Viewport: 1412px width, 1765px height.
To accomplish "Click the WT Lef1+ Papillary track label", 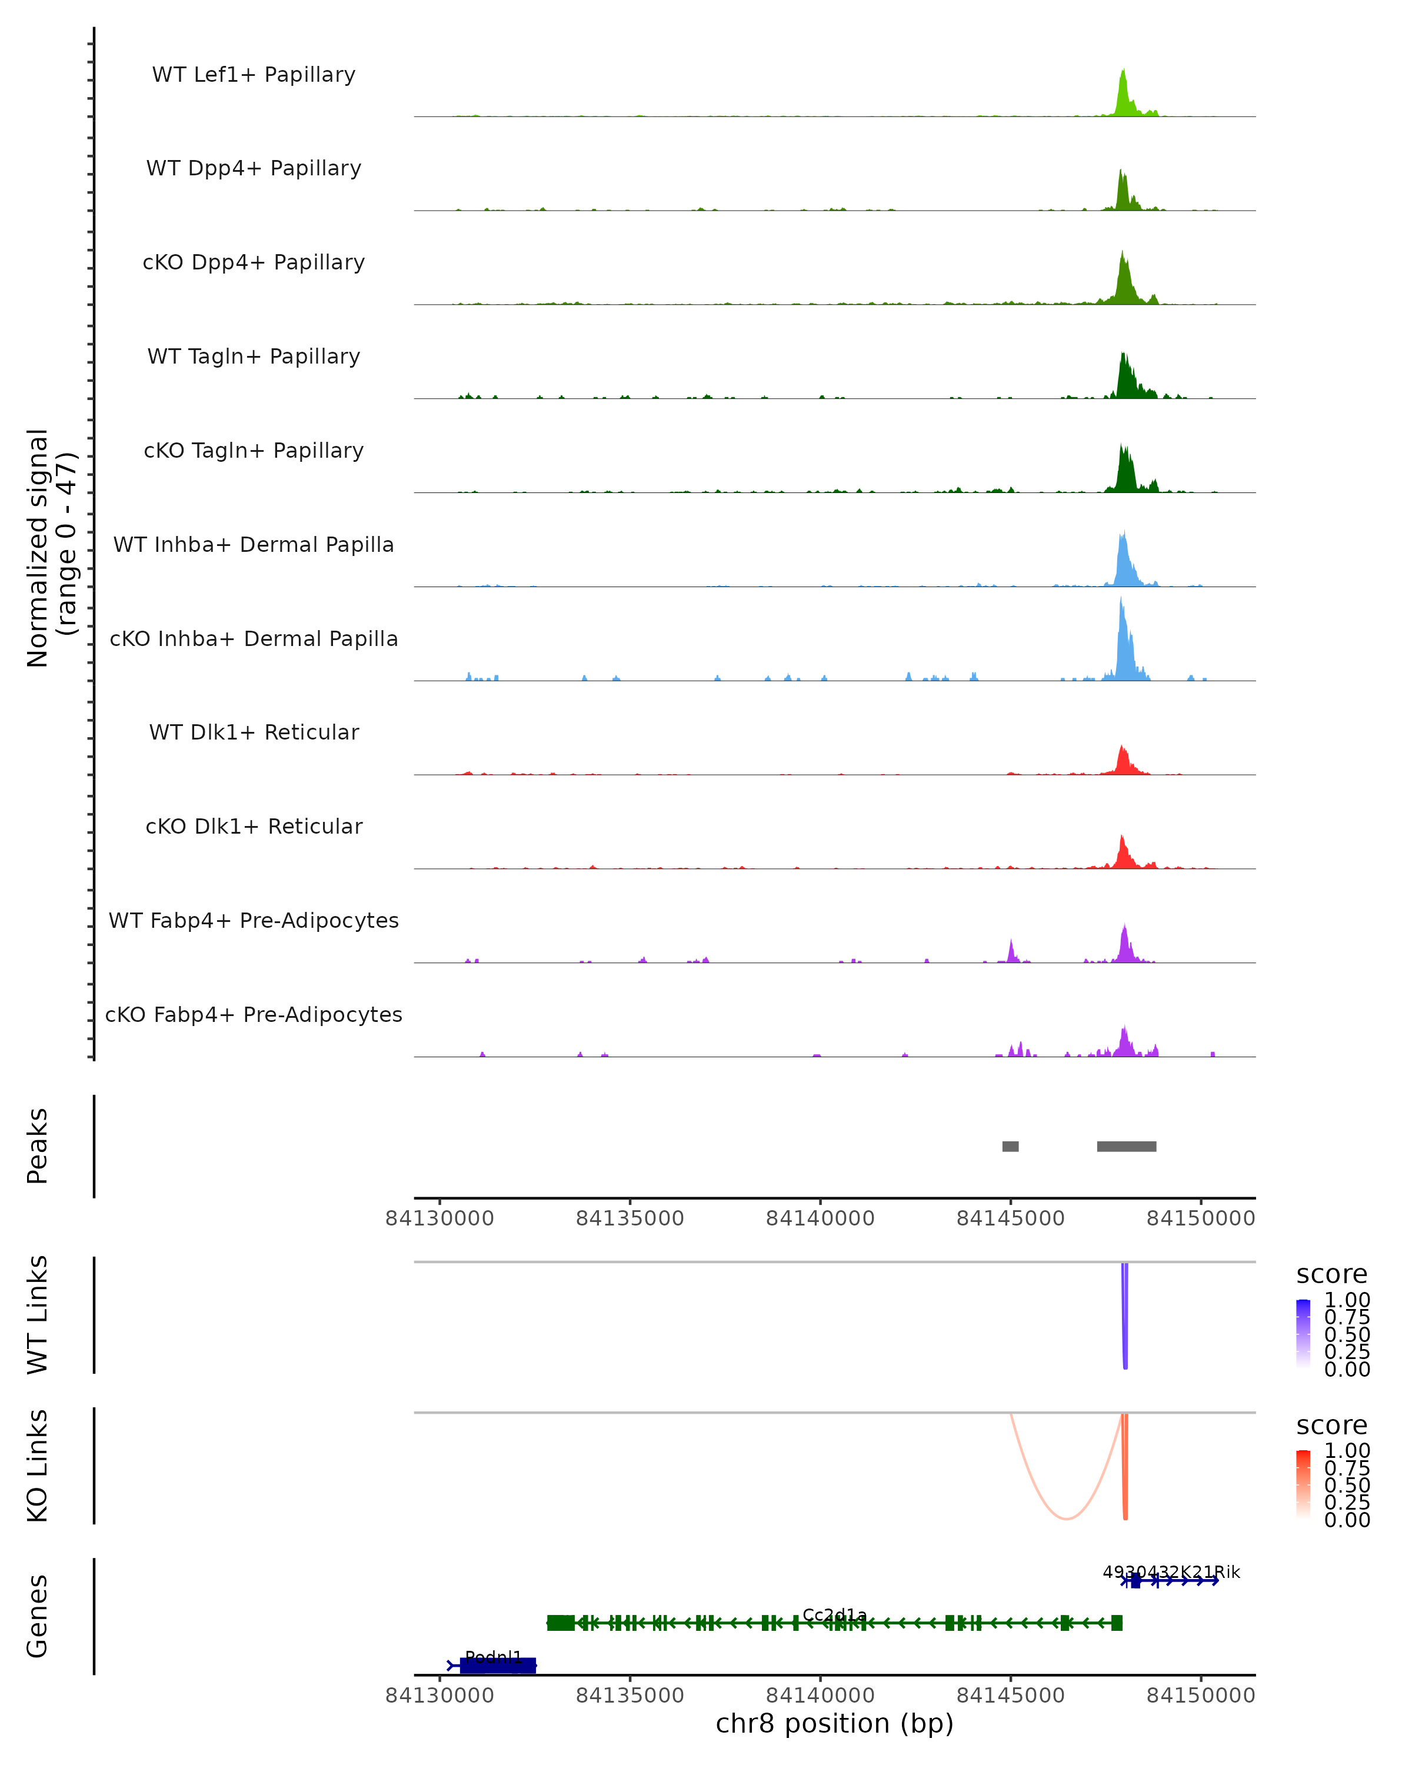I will coord(254,75).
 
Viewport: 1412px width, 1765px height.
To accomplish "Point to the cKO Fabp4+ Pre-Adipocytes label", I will coord(254,1014).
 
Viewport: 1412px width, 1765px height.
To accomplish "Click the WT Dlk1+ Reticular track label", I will coord(254,732).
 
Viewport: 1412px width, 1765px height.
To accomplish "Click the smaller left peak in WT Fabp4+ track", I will coord(1012,952).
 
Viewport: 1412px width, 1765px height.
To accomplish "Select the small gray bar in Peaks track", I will coord(1010,1146).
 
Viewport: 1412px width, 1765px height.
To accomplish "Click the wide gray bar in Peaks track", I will coord(1126,1146).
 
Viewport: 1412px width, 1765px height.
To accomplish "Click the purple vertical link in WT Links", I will coord(1125,1318).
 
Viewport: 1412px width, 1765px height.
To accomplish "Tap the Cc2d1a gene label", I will coord(834,1615).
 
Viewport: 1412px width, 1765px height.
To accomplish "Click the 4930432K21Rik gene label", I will coord(1171,1572).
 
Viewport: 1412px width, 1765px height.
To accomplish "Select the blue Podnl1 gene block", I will coord(498,1665).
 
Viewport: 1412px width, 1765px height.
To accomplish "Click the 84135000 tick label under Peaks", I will coord(630,1218).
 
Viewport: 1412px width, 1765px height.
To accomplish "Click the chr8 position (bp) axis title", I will coord(834,1723).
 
